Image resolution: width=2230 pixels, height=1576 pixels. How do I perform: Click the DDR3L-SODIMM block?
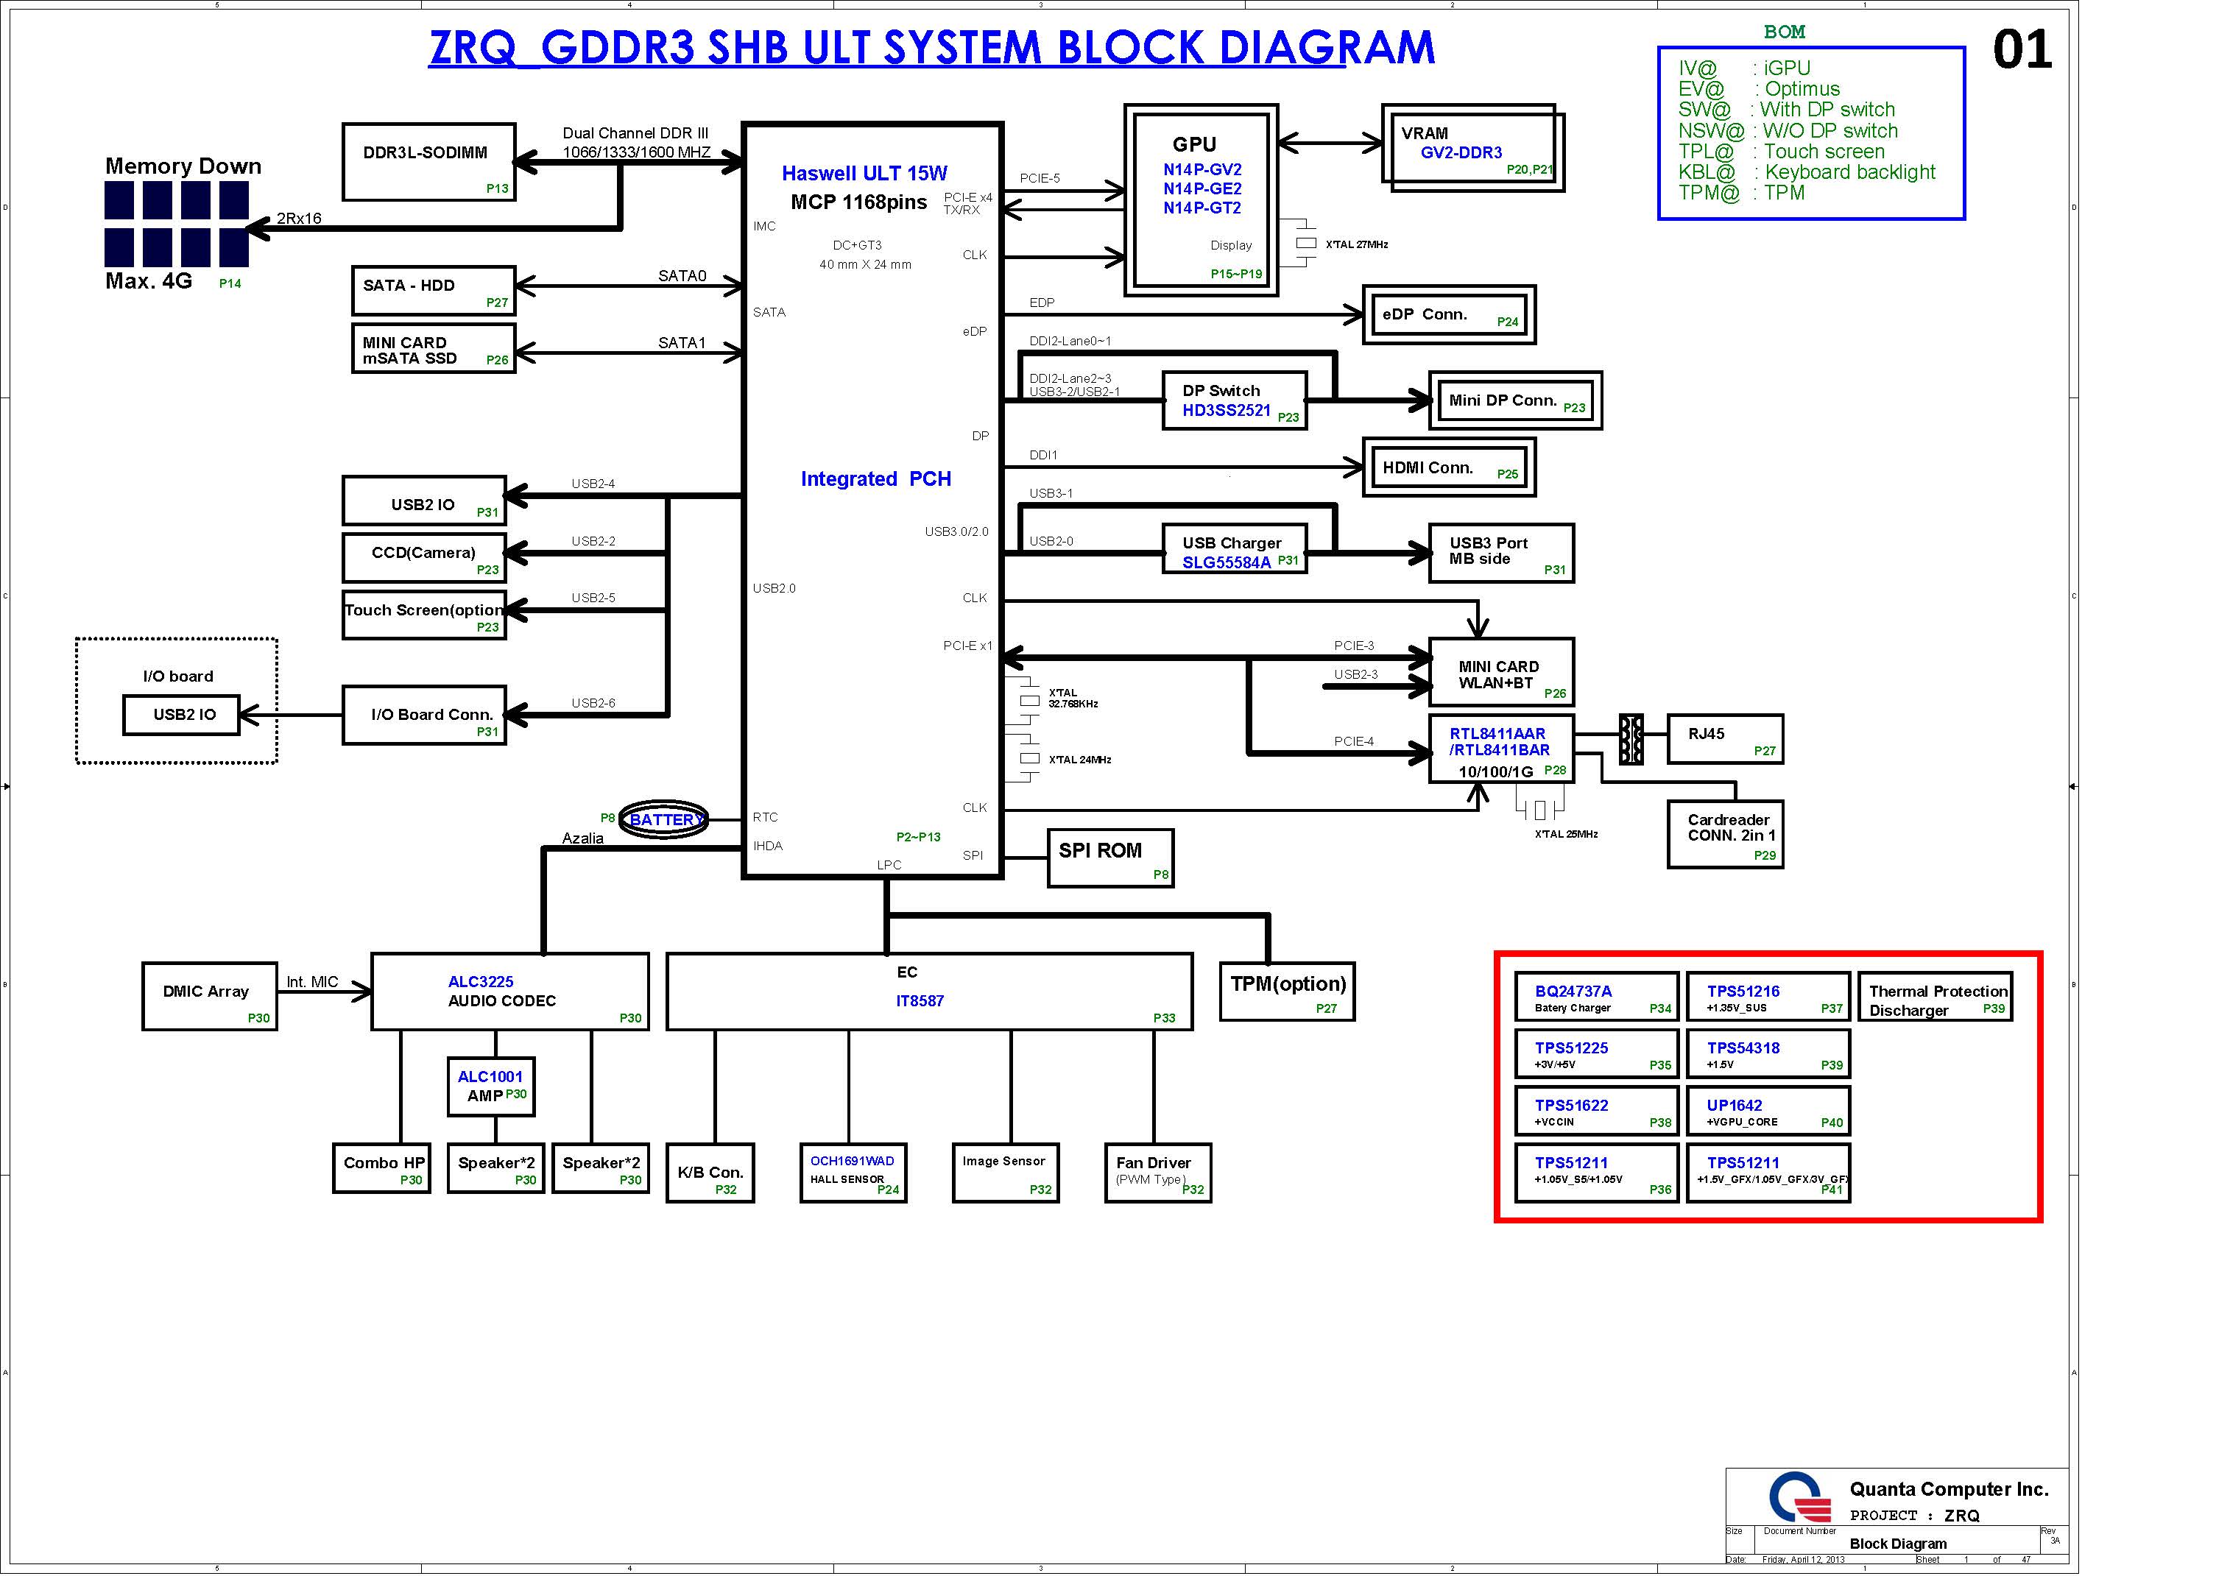click(428, 161)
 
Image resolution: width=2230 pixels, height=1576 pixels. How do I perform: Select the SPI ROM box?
click(1110, 858)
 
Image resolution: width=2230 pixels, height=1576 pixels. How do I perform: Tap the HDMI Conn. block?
click(1448, 468)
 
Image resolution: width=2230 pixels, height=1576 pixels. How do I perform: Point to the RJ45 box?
click(1724, 740)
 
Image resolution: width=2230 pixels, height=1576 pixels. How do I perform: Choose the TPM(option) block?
click(1287, 992)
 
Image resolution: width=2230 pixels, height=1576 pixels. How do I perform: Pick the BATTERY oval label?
click(664, 819)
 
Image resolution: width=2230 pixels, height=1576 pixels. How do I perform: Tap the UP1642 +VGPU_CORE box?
click(1768, 1111)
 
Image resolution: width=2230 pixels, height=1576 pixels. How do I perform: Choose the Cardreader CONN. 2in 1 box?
click(1725, 834)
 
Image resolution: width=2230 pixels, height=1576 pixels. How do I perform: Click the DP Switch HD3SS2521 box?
click(1233, 400)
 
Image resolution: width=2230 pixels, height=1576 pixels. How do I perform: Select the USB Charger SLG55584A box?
click(1233, 550)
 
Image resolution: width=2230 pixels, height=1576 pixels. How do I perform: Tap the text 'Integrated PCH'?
click(875, 478)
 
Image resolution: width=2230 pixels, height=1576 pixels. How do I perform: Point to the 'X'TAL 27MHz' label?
click(1356, 244)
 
